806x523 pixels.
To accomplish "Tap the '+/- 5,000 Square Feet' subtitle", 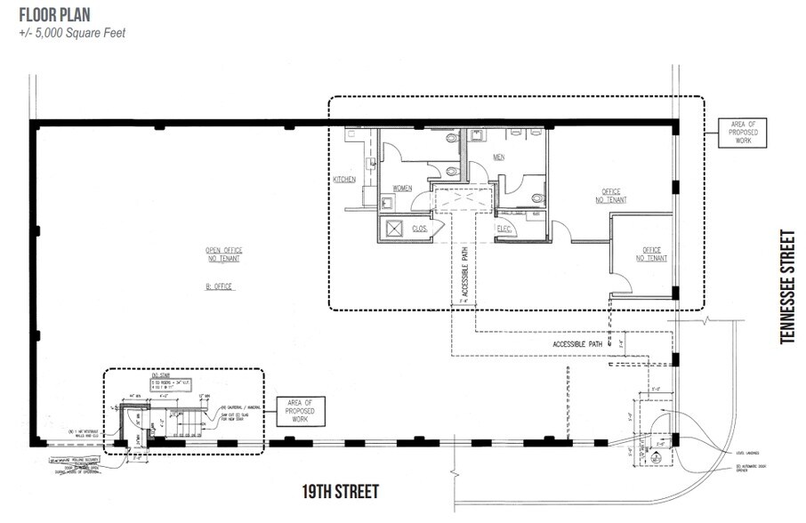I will tap(72, 33).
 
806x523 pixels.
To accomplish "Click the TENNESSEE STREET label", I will tap(786, 286).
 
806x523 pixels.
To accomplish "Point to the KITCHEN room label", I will tap(345, 179).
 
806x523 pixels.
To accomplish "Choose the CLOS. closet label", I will tap(420, 229).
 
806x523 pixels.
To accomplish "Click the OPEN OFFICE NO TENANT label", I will tap(224, 254).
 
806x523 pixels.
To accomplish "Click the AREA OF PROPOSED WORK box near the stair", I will tap(300, 412).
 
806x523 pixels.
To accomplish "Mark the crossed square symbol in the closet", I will tap(391, 229).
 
